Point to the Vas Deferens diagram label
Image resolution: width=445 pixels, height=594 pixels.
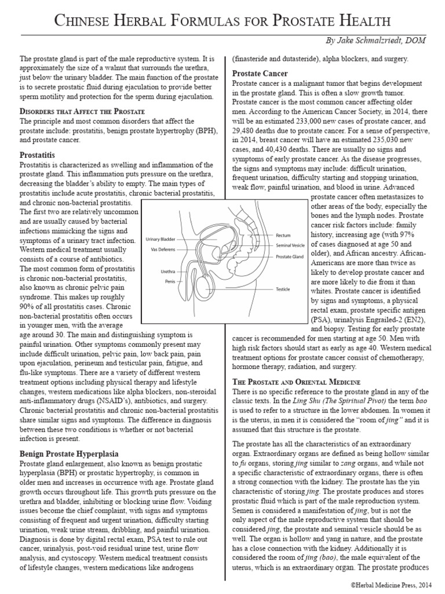[x=158, y=249]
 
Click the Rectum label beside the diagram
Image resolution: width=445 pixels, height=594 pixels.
[x=283, y=236]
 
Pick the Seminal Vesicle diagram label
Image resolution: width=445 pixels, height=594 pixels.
[x=290, y=245]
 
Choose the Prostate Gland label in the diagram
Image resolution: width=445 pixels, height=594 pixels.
[x=289, y=256]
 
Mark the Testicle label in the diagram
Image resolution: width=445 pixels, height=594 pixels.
[x=283, y=288]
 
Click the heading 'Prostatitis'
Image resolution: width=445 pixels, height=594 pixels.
[x=37, y=156]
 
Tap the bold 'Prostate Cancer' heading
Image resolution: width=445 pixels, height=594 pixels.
[x=261, y=74]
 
